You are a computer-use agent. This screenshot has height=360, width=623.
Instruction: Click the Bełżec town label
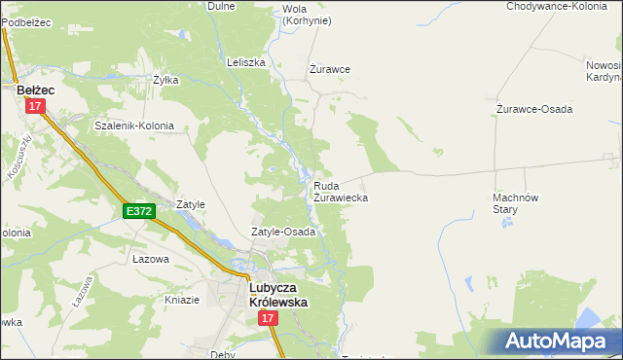point(36,90)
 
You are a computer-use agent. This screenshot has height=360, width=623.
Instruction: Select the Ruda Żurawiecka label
point(340,191)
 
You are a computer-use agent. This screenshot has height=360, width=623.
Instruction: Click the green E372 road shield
point(138,210)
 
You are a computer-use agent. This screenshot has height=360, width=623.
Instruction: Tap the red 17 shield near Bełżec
point(36,107)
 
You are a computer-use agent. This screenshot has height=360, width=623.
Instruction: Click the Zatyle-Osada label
point(283,233)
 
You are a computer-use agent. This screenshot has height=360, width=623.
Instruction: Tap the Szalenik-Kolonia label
point(133,126)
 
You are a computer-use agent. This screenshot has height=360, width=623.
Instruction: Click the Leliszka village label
point(246,62)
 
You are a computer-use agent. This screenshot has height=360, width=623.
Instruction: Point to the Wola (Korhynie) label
point(306,15)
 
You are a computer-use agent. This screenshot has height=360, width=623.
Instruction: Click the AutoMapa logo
point(555,341)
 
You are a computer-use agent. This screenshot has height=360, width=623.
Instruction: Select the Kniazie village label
point(182,300)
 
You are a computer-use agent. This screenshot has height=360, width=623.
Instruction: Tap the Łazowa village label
point(151,260)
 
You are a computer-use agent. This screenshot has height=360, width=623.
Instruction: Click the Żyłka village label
point(165,81)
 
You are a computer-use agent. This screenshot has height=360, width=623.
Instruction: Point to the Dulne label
point(223,6)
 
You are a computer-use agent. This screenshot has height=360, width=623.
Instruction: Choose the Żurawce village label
point(329,69)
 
